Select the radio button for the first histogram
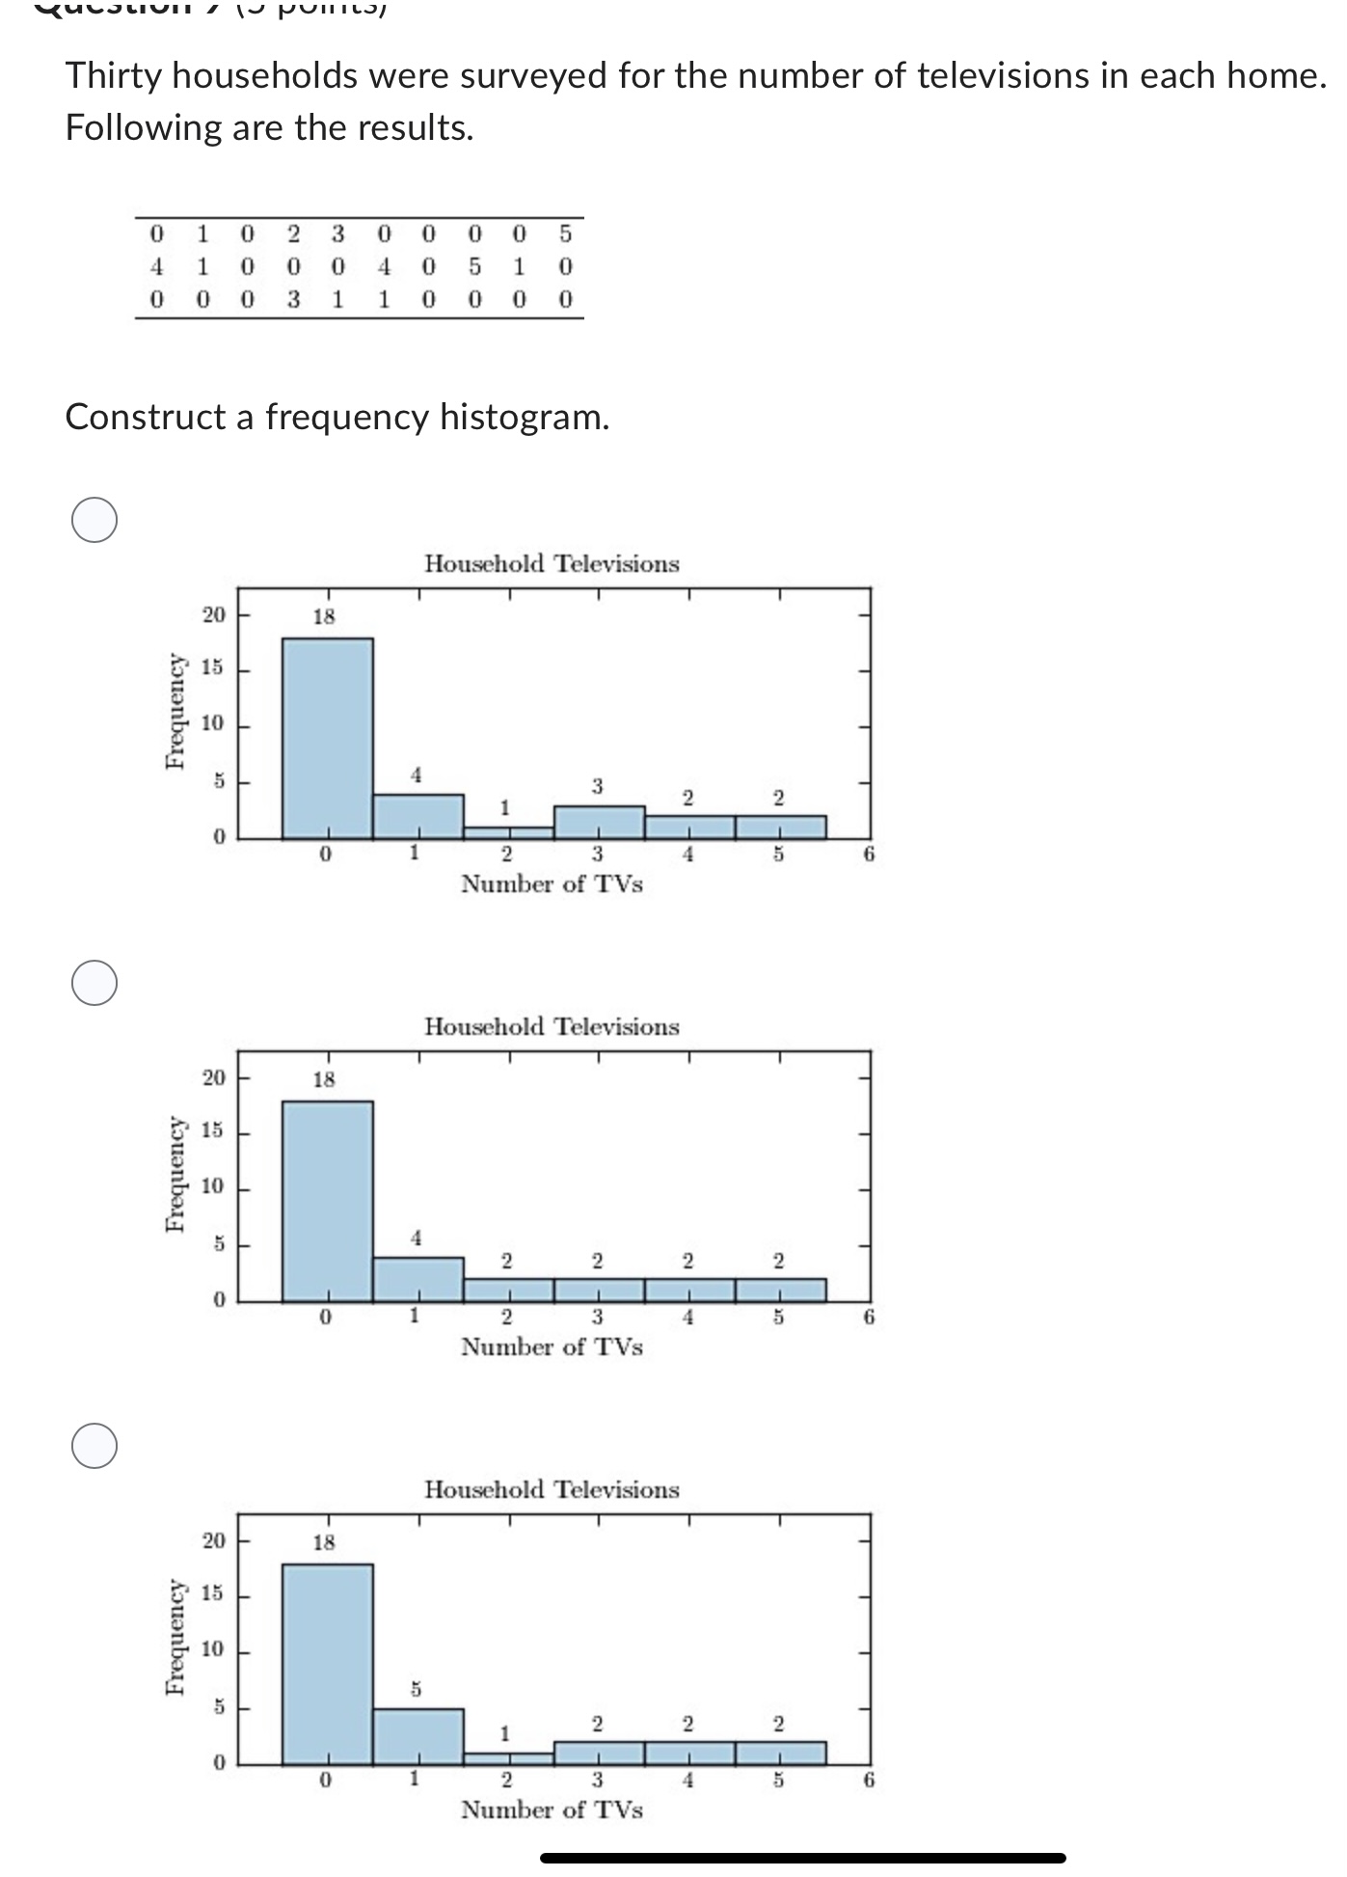pyautogui.click(x=94, y=521)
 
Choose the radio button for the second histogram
pyautogui.click(x=94, y=983)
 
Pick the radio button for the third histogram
pyautogui.click(x=94, y=1446)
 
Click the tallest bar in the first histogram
pyautogui.click(x=327, y=738)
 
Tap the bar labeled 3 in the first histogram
pyautogui.click(x=599, y=822)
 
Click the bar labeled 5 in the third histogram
pyautogui.click(x=418, y=1737)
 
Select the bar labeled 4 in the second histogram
pyautogui.click(x=418, y=1279)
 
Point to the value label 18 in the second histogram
pyautogui.click(x=324, y=1079)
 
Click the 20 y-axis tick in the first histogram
pyautogui.click(x=213, y=614)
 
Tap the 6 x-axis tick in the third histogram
pyautogui.click(x=869, y=1780)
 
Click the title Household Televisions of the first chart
pyautogui.click(x=552, y=563)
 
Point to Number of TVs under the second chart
pyautogui.click(x=552, y=1347)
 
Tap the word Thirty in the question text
pyautogui.click(x=113, y=75)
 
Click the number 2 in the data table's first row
pyautogui.click(x=293, y=233)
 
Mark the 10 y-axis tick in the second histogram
pyautogui.click(x=213, y=1186)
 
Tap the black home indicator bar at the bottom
pyautogui.click(x=802, y=1858)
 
